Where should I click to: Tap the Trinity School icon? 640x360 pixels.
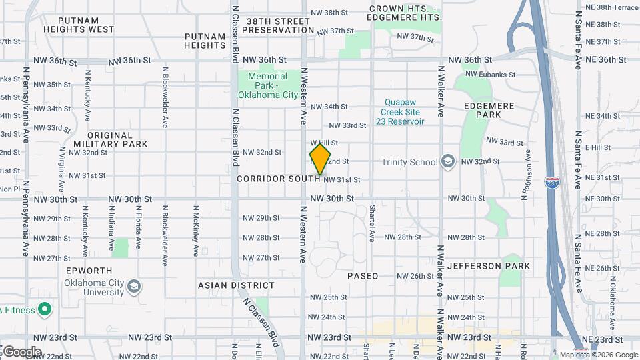(447, 162)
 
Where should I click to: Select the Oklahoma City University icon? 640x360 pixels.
(134, 287)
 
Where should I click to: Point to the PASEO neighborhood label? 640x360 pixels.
(363, 276)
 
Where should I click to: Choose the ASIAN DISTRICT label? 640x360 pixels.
(236, 285)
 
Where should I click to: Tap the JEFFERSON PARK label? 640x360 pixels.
(489, 266)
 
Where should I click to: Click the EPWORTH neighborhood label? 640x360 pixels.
(89, 271)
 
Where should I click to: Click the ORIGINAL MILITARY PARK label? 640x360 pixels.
(111, 139)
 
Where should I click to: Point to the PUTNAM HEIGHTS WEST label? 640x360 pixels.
(79, 25)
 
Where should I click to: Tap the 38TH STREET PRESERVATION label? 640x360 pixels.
(279, 25)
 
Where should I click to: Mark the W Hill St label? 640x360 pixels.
(325, 143)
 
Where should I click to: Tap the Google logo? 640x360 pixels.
(21, 351)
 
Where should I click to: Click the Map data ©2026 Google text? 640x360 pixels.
(597, 354)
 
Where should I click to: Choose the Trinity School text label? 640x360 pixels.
(409, 162)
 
